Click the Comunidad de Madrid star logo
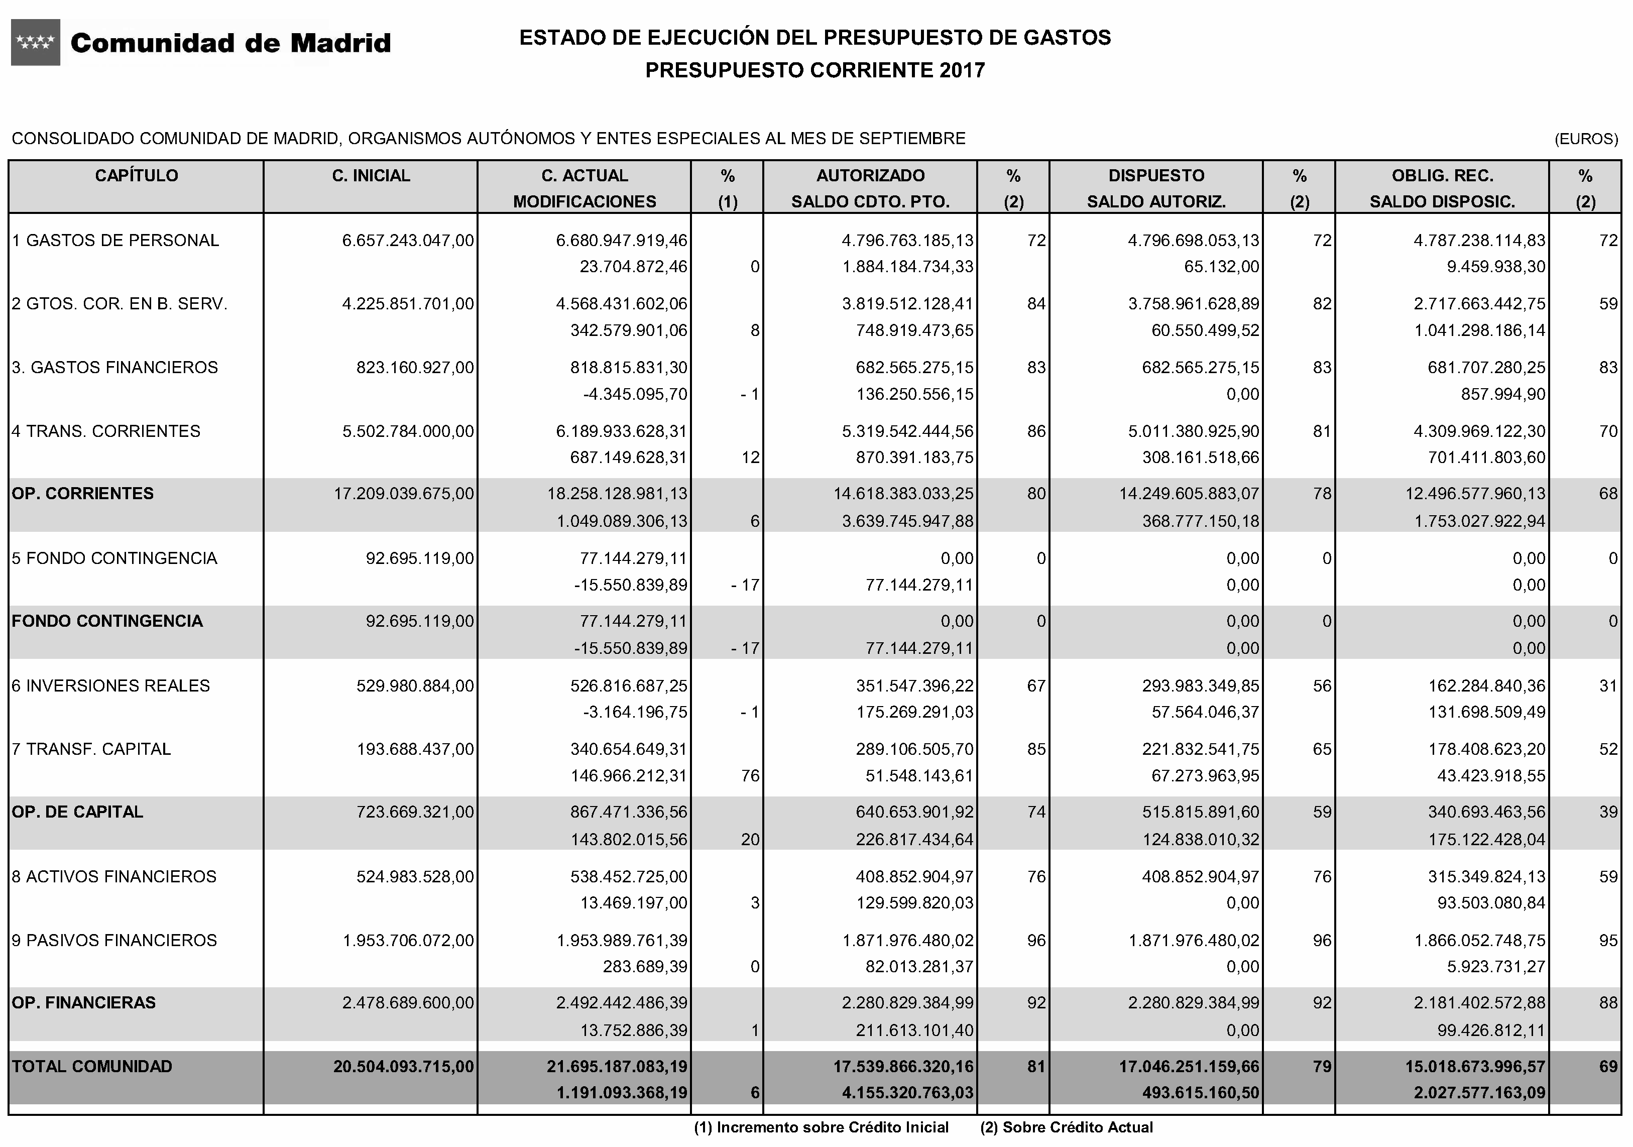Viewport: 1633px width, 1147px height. [36, 43]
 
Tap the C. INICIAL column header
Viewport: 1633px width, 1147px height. [371, 176]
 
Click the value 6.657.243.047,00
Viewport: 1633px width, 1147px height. [408, 241]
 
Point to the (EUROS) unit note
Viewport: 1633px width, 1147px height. [1586, 139]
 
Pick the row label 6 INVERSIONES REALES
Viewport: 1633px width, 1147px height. [110, 685]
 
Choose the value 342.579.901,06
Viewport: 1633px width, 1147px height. [629, 330]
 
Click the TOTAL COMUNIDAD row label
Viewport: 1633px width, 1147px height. [92, 1066]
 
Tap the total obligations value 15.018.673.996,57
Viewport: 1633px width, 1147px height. [1475, 1066]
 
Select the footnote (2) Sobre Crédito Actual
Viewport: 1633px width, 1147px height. [1066, 1127]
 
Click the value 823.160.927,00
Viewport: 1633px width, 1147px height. [415, 367]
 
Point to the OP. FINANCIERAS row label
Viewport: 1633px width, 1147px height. [83, 1003]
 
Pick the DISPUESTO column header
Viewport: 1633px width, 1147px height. [1156, 176]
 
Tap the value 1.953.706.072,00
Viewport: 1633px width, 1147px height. [408, 940]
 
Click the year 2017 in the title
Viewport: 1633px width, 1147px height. [962, 70]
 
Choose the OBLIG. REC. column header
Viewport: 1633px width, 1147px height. [1442, 176]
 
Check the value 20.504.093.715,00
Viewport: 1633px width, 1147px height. [403, 1066]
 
